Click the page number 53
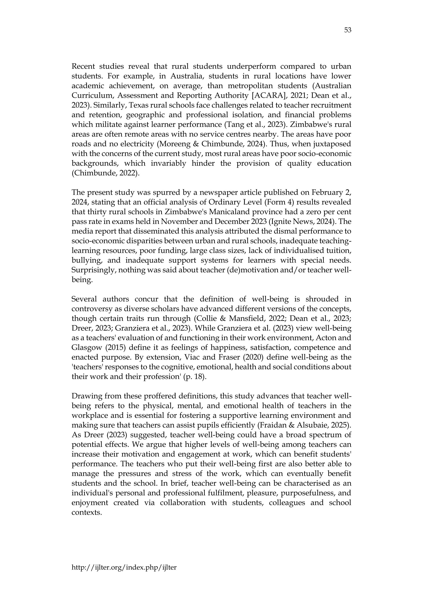click(x=347, y=30)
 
